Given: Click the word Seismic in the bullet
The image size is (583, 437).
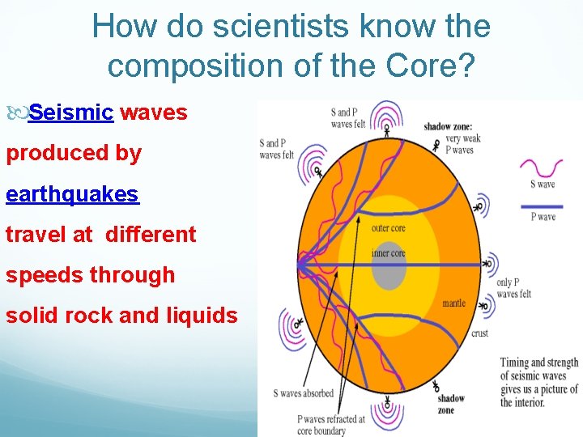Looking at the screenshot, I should coord(70,112).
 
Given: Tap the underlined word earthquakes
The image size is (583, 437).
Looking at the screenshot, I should coord(72,194).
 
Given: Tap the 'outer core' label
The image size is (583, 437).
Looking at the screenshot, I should coord(388,228).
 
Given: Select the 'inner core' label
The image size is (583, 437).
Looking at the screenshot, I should coord(388,252).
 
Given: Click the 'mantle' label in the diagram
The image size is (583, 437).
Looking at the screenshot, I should coord(453,303).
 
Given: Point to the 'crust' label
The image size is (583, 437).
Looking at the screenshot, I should coord(479,333).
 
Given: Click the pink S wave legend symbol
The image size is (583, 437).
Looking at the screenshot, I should coord(541,168).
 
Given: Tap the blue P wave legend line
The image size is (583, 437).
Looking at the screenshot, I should coord(541,206).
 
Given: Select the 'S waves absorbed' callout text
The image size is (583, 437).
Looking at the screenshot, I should coord(303,393).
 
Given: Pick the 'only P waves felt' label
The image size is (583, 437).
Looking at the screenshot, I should coord(513,288).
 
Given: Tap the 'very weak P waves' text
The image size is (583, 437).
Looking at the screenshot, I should coord(462,143).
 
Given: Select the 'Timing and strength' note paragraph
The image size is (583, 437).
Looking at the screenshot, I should coord(538,383).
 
